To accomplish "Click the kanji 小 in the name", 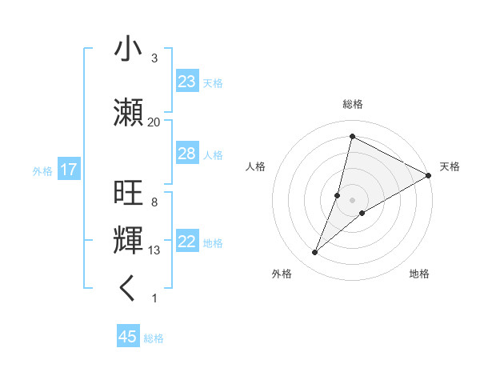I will point(128,50).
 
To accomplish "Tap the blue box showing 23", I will point(186,82).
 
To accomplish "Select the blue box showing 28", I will point(186,154).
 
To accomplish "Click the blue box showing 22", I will point(186,242).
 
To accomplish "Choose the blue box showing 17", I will point(68,170).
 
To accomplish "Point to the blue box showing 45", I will point(128,337).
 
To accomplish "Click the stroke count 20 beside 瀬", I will point(154,122).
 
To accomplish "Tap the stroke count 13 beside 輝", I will point(154,250).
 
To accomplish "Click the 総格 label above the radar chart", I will point(352,104).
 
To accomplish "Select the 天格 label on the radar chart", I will point(450,166).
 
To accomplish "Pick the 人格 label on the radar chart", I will point(255,166).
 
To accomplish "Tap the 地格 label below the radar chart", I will point(419,274).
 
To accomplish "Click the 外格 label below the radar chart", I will point(282,274).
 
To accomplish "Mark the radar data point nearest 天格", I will point(429,175).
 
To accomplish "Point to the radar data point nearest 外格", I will point(315,253).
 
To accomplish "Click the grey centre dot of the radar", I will point(352,200).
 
